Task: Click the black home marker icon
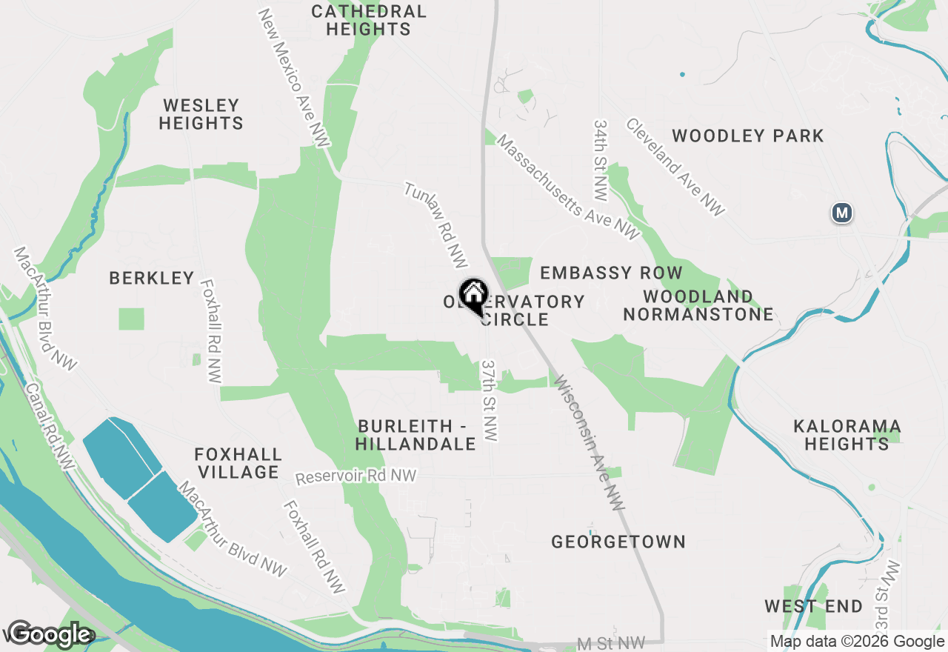pyautogui.click(x=473, y=295)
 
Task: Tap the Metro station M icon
pyautogui.click(x=841, y=213)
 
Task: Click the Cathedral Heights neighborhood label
pyautogui.click(x=368, y=21)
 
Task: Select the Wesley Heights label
pyautogui.click(x=201, y=114)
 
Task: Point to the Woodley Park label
pyautogui.click(x=748, y=136)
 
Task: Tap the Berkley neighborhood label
pyautogui.click(x=152, y=278)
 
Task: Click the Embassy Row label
pyautogui.click(x=611, y=273)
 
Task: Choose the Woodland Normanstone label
pyautogui.click(x=698, y=305)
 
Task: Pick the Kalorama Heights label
pyautogui.click(x=847, y=436)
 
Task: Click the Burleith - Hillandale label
pyautogui.click(x=415, y=436)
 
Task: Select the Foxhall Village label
pyautogui.click(x=238, y=463)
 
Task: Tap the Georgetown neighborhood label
pyautogui.click(x=618, y=542)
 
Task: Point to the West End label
pyautogui.click(x=813, y=606)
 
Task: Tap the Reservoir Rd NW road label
pyautogui.click(x=355, y=476)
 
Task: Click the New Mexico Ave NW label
pyautogui.click(x=293, y=78)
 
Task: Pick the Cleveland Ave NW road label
pyautogui.click(x=675, y=167)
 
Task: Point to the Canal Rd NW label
pyautogui.click(x=49, y=426)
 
